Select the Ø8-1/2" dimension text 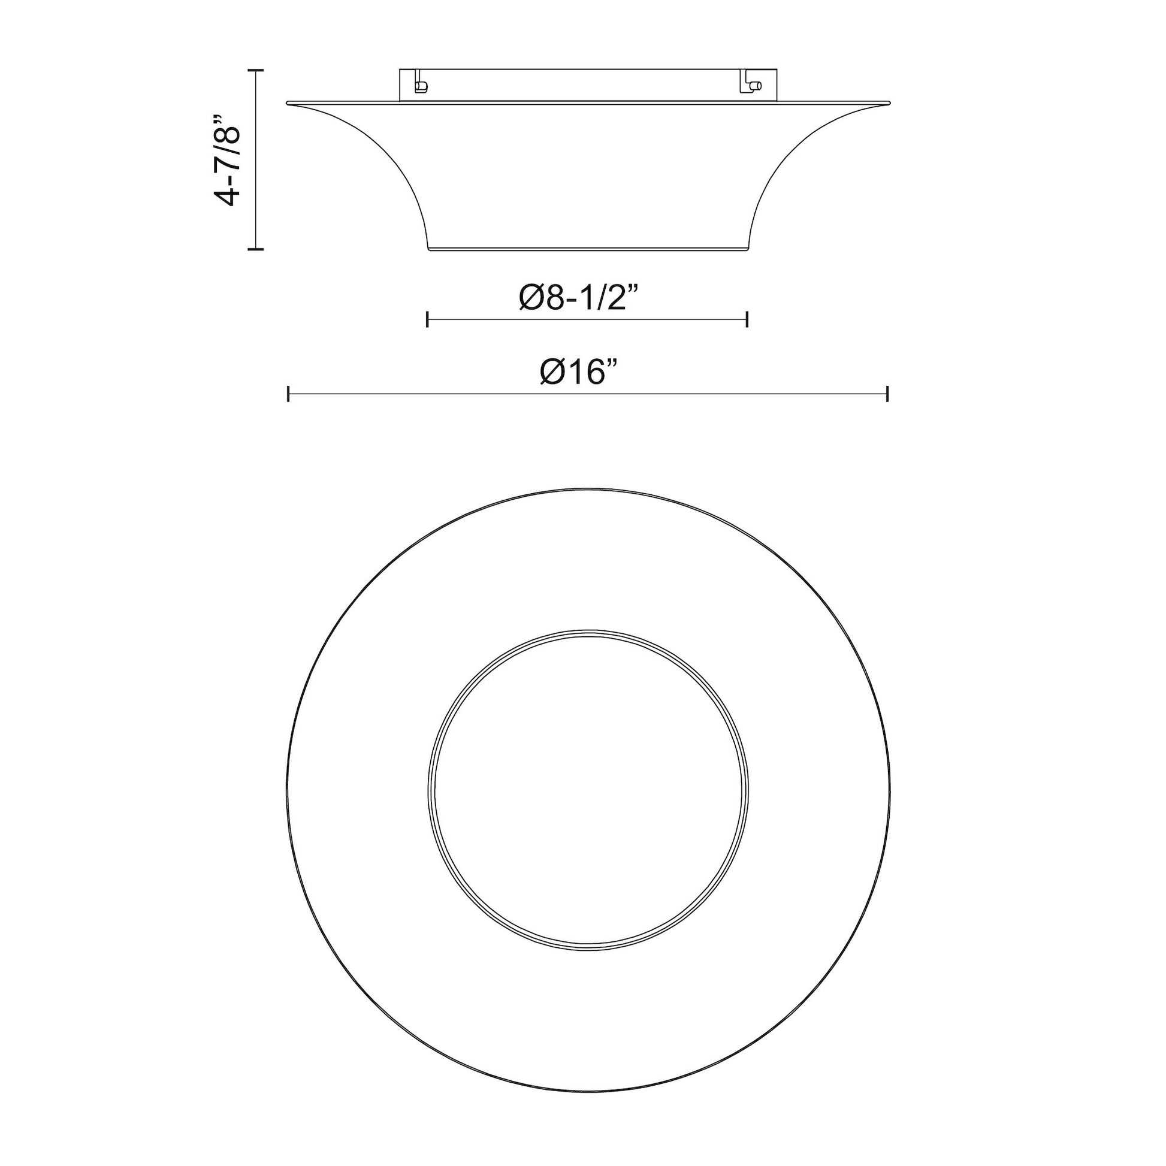(579, 298)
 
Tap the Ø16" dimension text (580, 372)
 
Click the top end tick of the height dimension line (256, 71)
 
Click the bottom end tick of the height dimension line (256, 248)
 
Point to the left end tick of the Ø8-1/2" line (427, 319)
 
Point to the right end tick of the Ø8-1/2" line (747, 319)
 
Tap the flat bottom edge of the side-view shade (588, 249)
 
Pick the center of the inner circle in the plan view (588, 790)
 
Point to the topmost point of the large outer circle (588, 488)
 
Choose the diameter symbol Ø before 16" (552, 373)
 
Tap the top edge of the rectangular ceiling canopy (588, 70)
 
